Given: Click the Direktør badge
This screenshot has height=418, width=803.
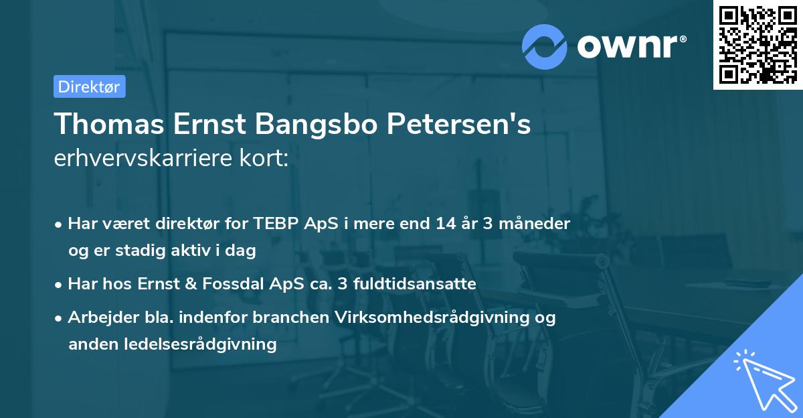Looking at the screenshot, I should point(89,86).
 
